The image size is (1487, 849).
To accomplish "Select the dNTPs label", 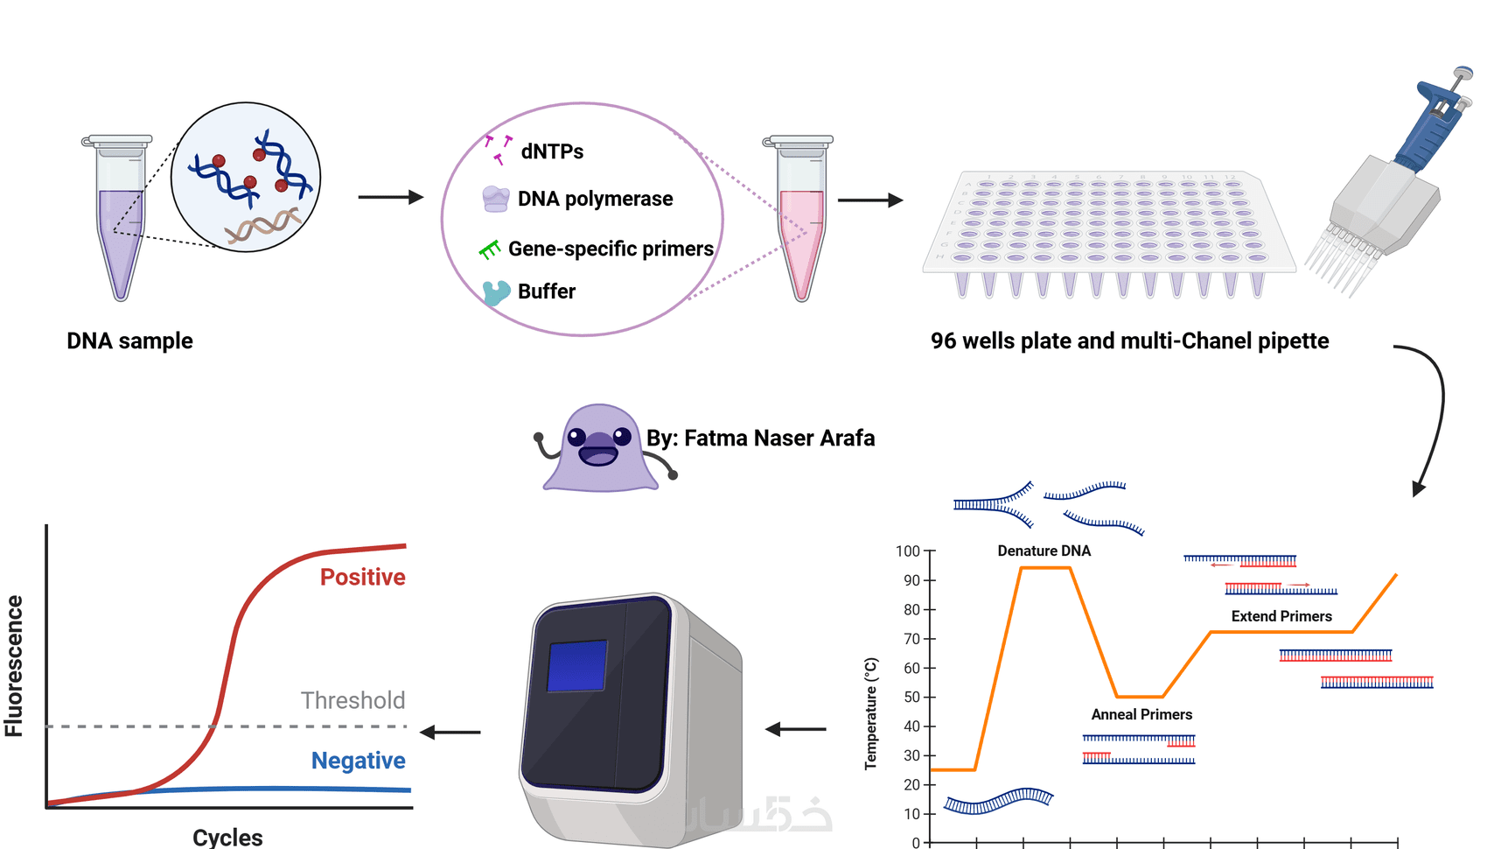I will tap(552, 151).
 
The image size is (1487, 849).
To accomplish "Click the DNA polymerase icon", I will tap(496, 199).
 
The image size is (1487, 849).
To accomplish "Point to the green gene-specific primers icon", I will tap(490, 250).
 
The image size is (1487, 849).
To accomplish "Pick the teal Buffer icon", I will tap(496, 291).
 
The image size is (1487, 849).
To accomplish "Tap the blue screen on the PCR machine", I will tap(577, 666).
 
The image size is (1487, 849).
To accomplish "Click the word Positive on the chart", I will tap(362, 578).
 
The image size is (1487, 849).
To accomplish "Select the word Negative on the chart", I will tap(358, 761).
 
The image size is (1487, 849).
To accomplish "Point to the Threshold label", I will tap(353, 700).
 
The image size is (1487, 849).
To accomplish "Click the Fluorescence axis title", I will tap(14, 666).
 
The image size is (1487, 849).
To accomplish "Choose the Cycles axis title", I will tap(227, 838).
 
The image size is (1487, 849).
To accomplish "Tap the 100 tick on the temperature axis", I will tap(908, 551).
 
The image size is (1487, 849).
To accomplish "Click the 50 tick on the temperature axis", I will tap(911, 698).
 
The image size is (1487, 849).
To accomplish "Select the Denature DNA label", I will tap(1044, 551).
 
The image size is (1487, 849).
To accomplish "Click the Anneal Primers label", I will tap(1141, 715).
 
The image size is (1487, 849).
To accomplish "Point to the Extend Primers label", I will tap(1281, 617).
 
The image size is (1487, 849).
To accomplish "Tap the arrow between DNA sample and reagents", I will tap(390, 198).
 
